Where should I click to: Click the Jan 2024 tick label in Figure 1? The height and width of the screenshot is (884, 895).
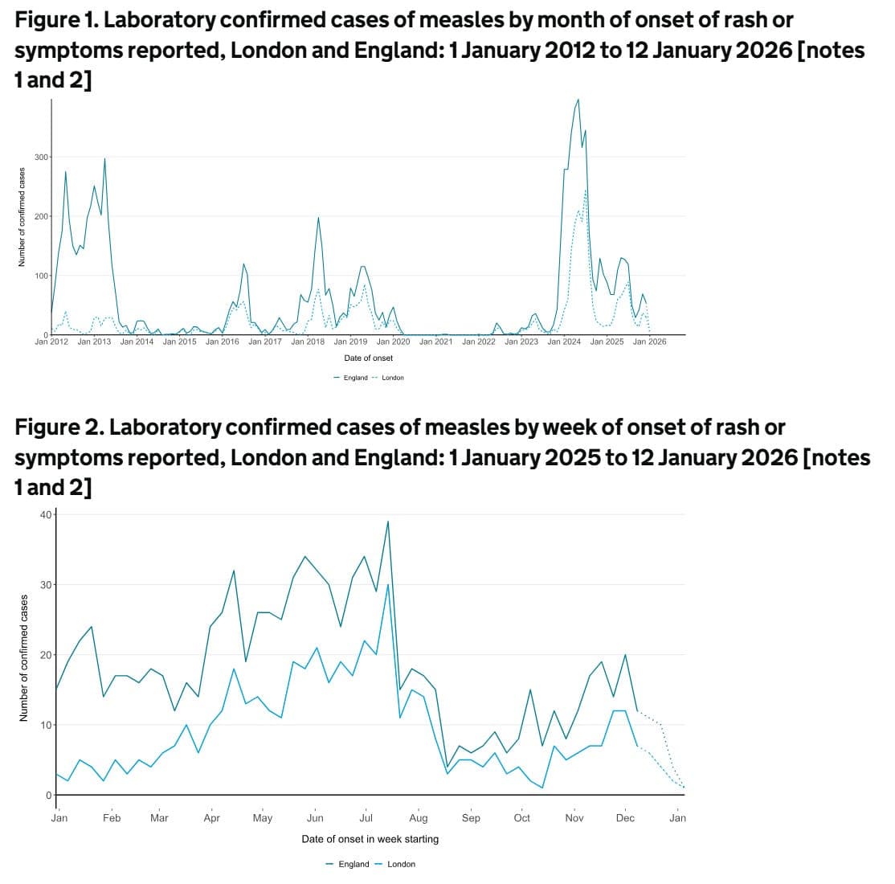(x=564, y=342)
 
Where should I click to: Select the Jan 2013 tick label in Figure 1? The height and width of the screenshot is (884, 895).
(x=94, y=342)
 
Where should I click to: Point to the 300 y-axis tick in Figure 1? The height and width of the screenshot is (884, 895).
(x=40, y=157)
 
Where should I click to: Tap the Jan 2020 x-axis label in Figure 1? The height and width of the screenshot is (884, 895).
(x=393, y=342)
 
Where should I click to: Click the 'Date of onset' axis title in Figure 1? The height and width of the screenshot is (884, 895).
(x=369, y=358)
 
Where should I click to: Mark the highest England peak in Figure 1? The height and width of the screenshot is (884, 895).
(x=578, y=100)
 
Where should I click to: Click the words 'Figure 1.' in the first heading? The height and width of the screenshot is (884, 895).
(x=55, y=20)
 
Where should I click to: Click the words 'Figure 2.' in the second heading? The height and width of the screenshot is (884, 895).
(x=59, y=428)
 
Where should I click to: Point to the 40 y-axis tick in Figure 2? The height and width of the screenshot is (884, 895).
(x=46, y=514)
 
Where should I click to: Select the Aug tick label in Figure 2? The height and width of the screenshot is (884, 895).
(x=419, y=818)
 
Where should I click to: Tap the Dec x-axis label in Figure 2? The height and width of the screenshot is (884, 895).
(x=625, y=818)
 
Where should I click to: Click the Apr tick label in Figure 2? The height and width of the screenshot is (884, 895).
(x=211, y=818)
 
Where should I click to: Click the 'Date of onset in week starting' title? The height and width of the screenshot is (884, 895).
(x=370, y=839)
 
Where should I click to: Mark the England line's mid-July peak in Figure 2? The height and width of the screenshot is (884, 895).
(x=388, y=522)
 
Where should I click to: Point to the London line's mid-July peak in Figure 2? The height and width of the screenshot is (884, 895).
(x=388, y=584)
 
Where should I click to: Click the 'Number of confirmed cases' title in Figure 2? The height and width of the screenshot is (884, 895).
(x=23, y=657)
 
